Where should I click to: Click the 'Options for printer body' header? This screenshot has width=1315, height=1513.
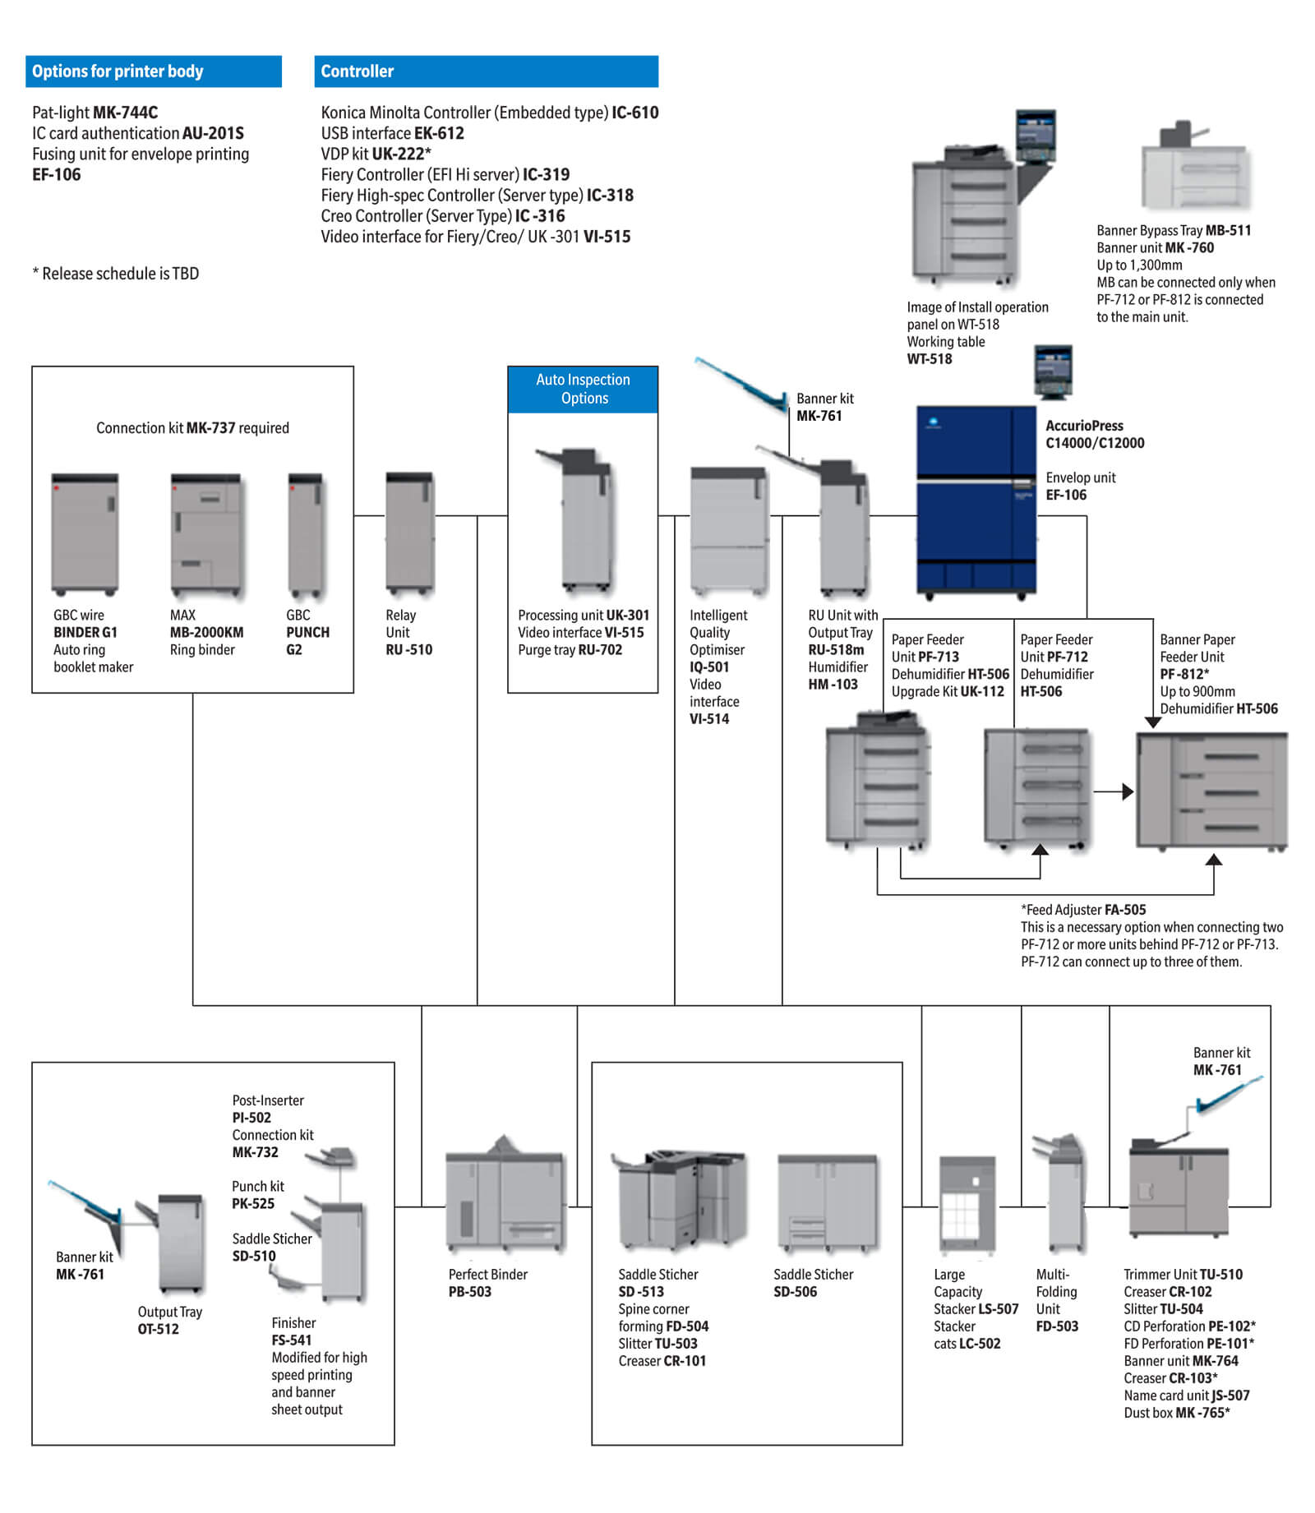[153, 71]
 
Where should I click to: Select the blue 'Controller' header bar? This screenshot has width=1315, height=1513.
[486, 71]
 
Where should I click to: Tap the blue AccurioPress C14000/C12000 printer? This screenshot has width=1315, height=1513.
[976, 501]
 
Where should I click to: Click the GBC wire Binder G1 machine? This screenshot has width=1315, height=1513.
[85, 534]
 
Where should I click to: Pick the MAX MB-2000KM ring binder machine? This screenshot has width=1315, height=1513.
[205, 534]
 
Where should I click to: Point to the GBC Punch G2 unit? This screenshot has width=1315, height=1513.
[306, 534]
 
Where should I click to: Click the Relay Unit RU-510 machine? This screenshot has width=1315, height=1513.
[409, 533]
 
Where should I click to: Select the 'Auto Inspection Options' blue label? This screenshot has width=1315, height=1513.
[583, 389]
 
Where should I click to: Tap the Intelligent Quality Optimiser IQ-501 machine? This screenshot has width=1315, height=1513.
[729, 530]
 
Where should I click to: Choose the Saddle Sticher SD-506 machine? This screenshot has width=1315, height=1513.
[828, 1203]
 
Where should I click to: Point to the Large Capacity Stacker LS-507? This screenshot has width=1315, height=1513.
[967, 1205]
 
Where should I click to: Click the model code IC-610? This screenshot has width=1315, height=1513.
[634, 113]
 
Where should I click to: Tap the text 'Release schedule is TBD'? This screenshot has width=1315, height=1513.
[121, 274]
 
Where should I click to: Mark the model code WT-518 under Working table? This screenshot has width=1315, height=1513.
[930, 359]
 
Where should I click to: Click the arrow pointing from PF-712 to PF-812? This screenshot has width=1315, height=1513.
[1114, 791]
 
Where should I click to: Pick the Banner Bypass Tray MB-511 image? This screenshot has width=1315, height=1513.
[1195, 168]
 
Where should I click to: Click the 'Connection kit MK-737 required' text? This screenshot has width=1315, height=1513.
[192, 428]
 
